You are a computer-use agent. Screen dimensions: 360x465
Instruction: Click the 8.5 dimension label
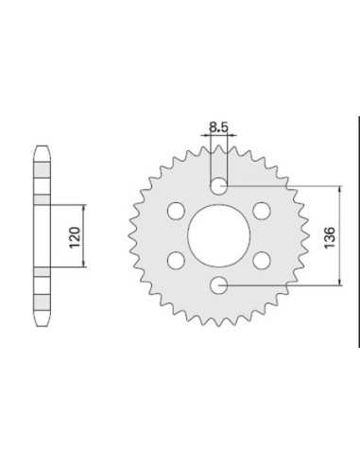tap(218, 128)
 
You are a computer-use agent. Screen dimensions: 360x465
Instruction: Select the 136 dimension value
tap(330, 237)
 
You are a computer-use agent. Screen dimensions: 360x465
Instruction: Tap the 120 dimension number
tap(75, 237)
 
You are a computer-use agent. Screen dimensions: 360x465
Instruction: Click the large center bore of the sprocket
tap(219, 235)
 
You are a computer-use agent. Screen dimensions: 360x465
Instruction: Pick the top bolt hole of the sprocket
tap(219, 186)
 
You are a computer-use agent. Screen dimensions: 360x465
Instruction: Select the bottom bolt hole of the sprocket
tap(219, 285)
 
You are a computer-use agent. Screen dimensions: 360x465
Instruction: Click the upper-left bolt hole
tap(176, 211)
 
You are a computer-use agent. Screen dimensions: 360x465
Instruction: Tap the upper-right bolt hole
tap(262, 211)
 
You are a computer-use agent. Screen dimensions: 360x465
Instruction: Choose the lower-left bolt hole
tap(176, 261)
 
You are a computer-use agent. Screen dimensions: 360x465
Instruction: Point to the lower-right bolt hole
tap(262, 261)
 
